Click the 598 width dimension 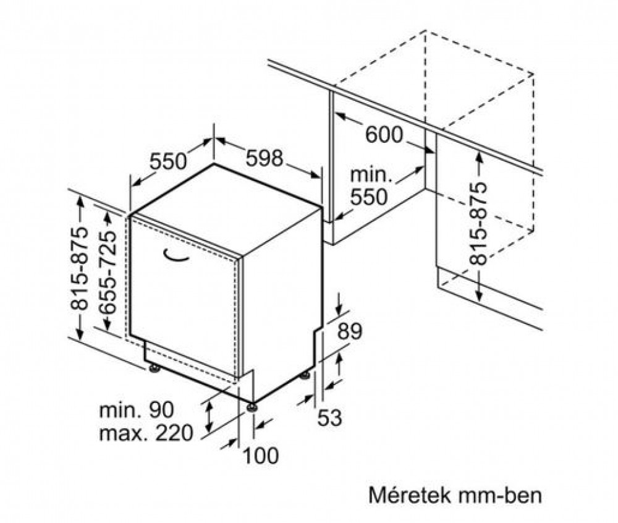pos(265,158)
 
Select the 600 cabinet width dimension pos(384,135)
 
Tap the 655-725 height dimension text pos(108,272)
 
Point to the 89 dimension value pos(350,331)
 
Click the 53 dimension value pos(329,418)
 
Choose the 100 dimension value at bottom pos(261,456)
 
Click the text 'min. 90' pos(137,410)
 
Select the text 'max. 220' pos(146,433)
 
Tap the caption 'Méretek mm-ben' pos(455,495)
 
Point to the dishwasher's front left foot pos(154,368)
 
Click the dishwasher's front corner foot pos(252,407)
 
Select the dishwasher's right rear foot pos(305,375)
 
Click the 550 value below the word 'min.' pos(369,197)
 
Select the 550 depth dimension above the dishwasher pos(168,161)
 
